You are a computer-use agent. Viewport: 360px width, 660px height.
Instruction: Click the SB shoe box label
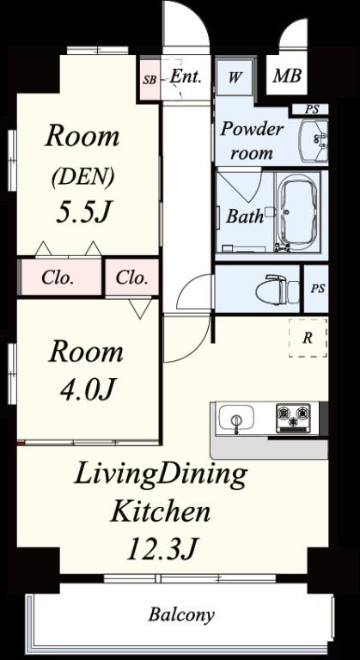tap(149, 80)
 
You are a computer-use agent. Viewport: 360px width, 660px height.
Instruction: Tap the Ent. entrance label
tap(186, 77)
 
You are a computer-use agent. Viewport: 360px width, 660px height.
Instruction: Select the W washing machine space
tap(235, 78)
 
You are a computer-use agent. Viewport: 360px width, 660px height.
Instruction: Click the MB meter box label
tap(287, 76)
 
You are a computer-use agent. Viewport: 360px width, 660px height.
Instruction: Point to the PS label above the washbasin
tap(312, 110)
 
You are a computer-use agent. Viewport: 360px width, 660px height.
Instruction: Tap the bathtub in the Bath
tap(297, 211)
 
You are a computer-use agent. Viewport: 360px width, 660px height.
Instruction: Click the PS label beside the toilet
tap(318, 289)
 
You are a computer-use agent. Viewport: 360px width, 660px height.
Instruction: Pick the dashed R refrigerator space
tap(308, 338)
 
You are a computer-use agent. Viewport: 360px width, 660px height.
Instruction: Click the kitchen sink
tap(236, 418)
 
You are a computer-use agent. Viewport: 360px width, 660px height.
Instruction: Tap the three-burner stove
tap(293, 418)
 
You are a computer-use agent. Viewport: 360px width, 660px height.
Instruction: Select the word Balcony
tap(181, 615)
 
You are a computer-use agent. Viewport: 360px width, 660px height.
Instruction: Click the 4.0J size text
tap(86, 390)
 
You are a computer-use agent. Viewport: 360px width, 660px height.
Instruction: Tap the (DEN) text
tap(82, 177)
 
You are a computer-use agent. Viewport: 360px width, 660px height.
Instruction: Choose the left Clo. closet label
tap(58, 278)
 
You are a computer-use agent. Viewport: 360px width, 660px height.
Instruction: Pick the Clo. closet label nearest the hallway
tap(131, 278)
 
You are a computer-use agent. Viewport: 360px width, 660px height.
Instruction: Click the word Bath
tap(245, 216)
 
